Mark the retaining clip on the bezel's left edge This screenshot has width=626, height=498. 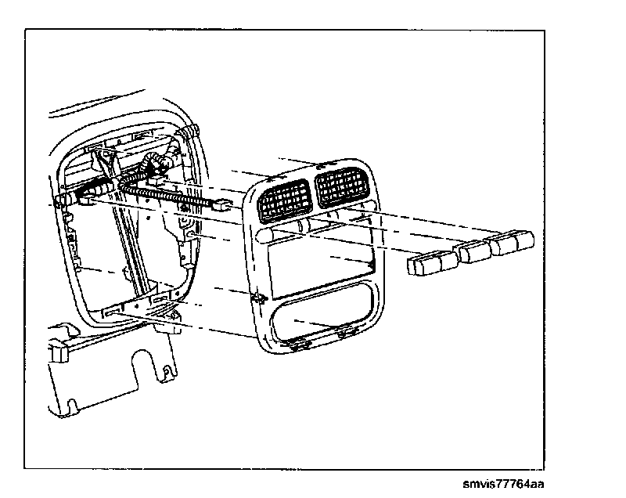(256, 298)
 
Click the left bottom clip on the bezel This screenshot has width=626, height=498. (299, 341)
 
